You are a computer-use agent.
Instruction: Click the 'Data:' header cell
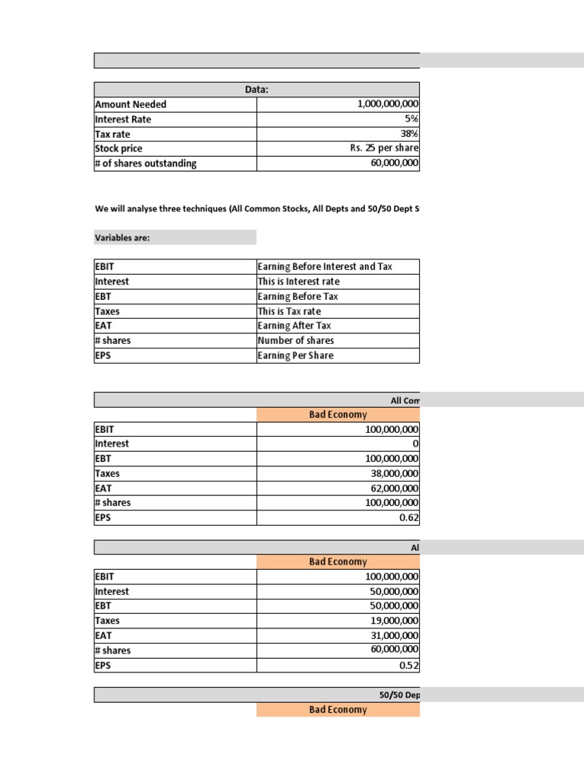[x=256, y=90]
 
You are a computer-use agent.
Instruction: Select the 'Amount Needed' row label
[x=130, y=104]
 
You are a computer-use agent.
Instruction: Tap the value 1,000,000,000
[x=387, y=104]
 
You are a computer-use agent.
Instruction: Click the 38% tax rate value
[x=410, y=134]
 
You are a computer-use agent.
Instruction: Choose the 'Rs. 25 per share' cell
[x=384, y=148]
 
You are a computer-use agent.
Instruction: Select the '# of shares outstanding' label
[x=145, y=164]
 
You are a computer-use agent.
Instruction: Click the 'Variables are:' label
[x=122, y=237]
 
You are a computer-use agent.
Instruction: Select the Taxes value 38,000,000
[x=392, y=473]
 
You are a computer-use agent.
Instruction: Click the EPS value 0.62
[x=409, y=518]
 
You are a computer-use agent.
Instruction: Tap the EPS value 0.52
[x=409, y=666]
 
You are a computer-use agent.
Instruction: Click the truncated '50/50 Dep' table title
[x=398, y=695]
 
